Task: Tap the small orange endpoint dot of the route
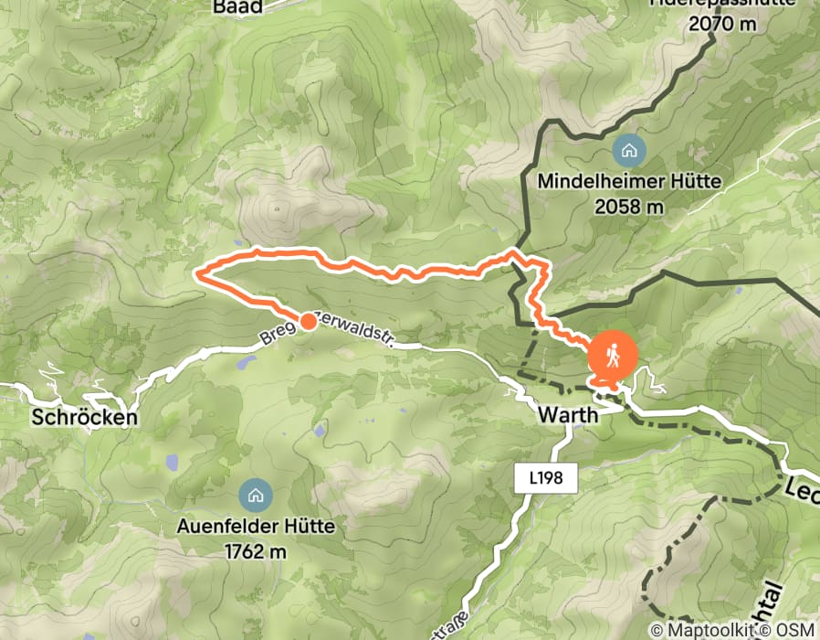tap(309, 321)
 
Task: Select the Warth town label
tap(567, 415)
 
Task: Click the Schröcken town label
tap(84, 418)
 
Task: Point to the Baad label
tap(237, 6)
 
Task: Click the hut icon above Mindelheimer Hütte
tap(628, 150)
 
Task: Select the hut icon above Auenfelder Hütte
tap(255, 496)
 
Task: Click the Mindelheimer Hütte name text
tap(629, 181)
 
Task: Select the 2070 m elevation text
tap(723, 25)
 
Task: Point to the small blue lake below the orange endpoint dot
tap(246, 363)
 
